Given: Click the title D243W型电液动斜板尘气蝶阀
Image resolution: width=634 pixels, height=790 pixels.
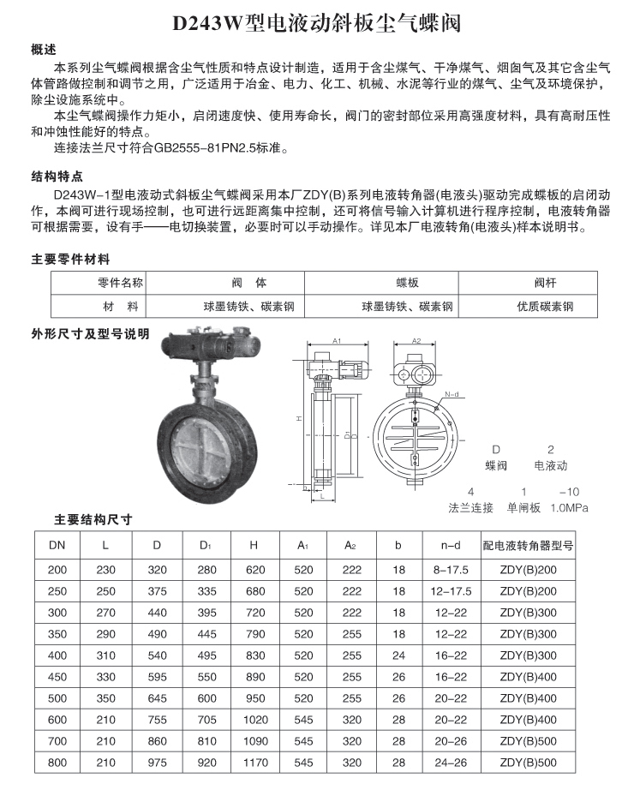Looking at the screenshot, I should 316,22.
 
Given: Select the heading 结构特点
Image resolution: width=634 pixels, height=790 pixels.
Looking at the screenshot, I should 56,177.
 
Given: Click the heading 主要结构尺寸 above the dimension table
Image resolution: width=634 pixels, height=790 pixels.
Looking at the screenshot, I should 93,520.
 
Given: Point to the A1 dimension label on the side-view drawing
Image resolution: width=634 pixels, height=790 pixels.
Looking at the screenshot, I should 337,341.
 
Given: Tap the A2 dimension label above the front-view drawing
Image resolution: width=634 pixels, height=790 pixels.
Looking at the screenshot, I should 416,341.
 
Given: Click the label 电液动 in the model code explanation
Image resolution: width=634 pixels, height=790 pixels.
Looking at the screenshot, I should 551,465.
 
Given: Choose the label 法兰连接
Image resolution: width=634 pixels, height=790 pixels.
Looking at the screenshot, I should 471,508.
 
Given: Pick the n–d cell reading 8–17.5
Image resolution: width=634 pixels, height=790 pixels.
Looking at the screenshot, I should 452,568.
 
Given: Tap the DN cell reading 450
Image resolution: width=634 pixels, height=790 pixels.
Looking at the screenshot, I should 57,675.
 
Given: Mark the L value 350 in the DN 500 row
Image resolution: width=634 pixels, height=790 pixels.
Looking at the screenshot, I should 105,697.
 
